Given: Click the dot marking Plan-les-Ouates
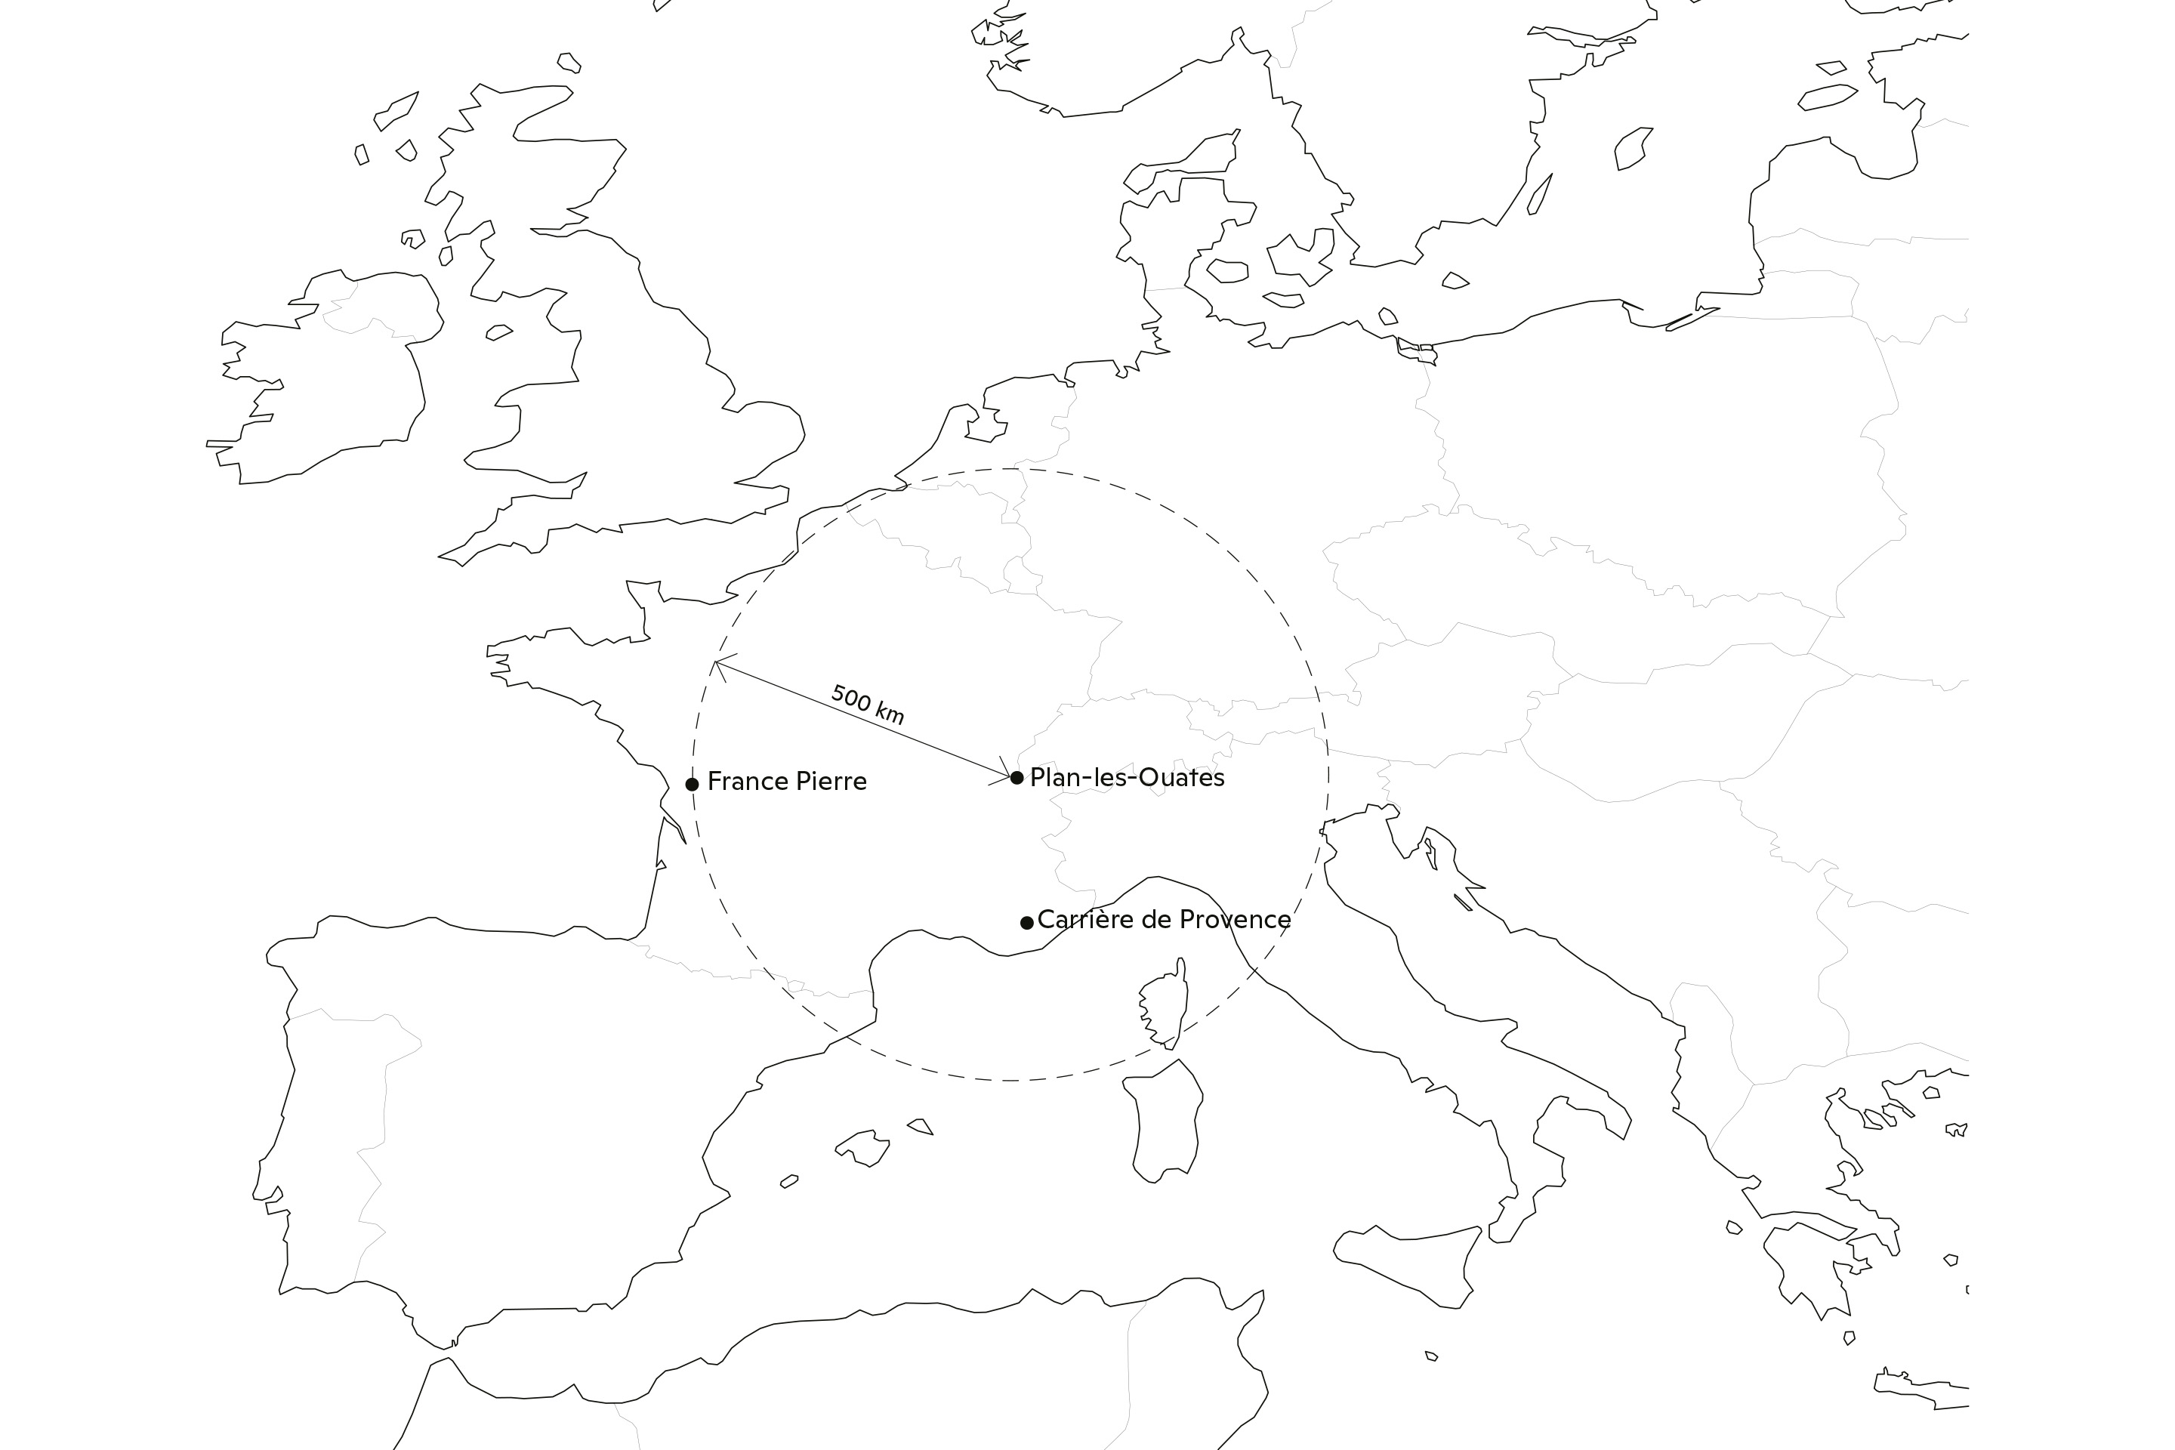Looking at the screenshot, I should tap(1017, 778).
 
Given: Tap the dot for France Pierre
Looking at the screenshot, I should tap(692, 784).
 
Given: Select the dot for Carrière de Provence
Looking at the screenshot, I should tap(1026, 922).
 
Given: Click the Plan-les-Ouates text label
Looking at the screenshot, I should tap(1128, 778).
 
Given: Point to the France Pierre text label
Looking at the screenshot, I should tap(787, 782).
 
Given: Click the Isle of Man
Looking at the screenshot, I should tap(498, 332).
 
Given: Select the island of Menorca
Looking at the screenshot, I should tap(920, 1125).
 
